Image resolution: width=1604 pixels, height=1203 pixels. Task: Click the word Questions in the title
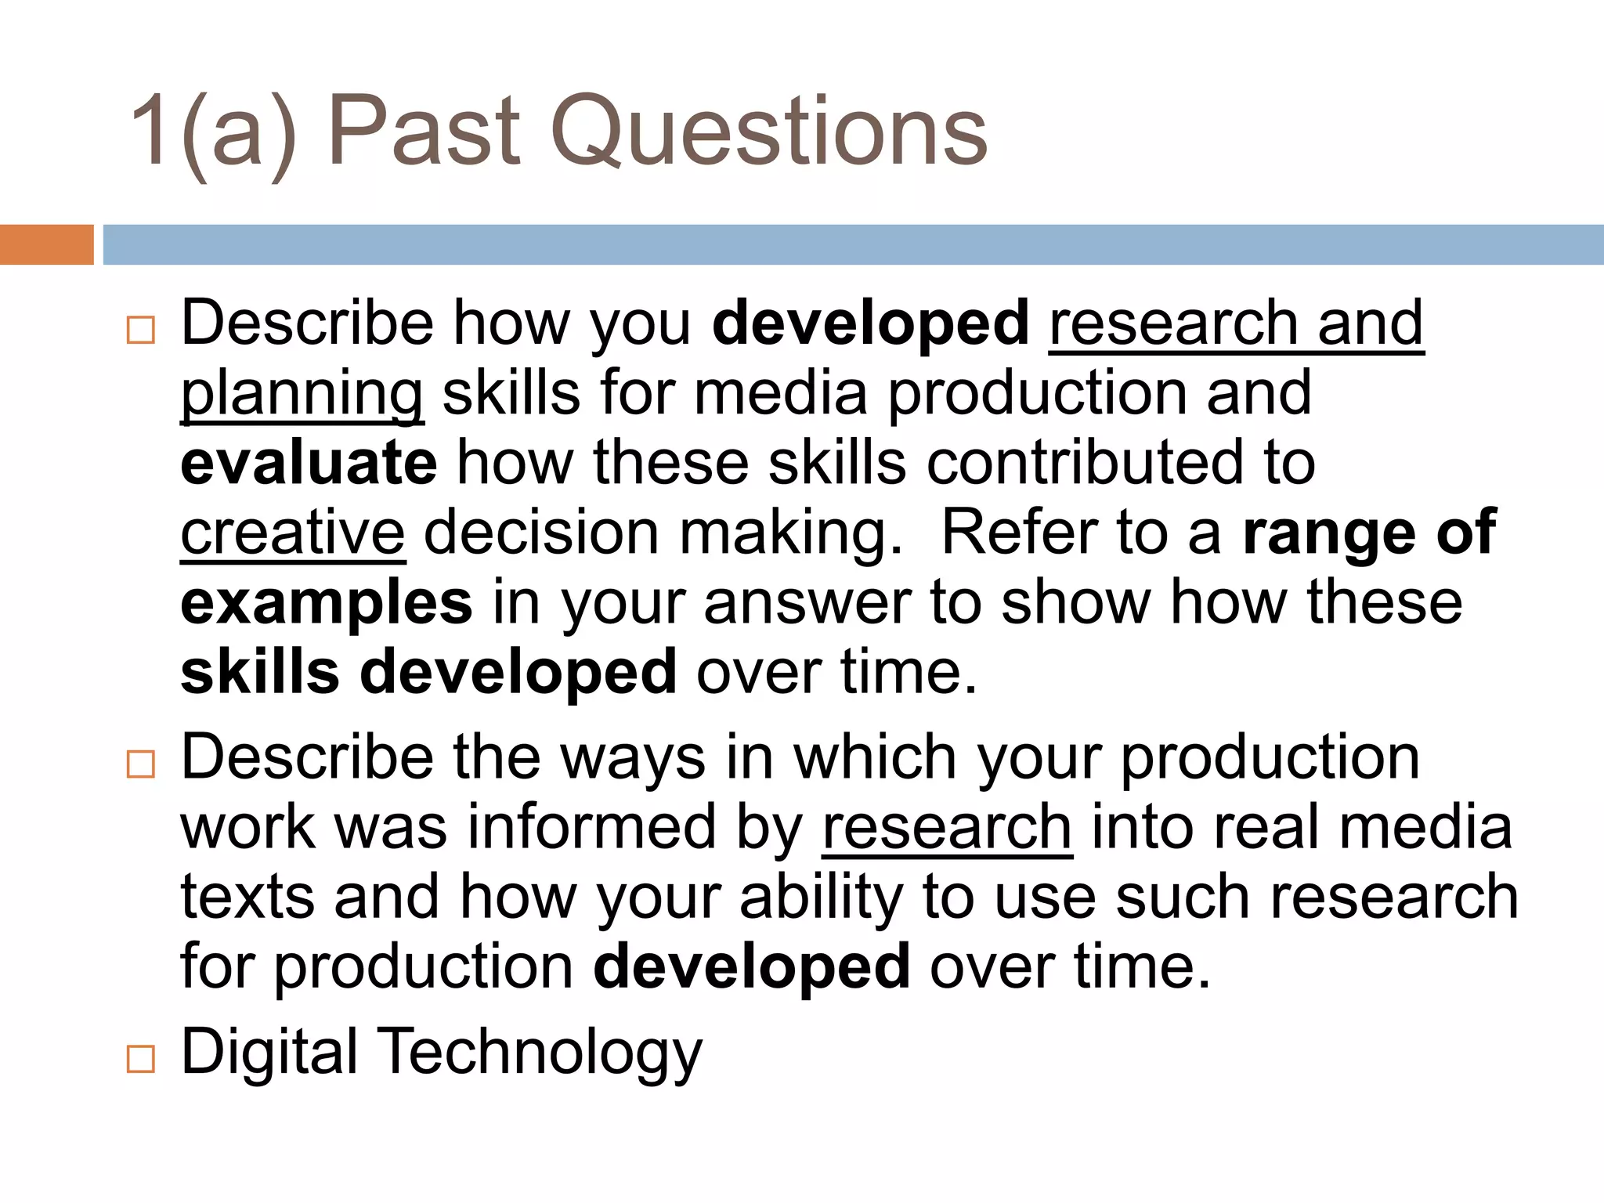[x=769, y=132]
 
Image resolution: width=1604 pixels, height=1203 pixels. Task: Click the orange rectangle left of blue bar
[x=46, y=244]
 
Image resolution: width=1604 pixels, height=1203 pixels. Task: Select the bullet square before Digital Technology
[x=141, y=1059]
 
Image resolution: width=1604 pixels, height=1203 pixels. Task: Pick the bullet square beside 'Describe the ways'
[x=141, y=764]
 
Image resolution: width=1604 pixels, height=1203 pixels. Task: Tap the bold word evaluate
[x=309, y=463]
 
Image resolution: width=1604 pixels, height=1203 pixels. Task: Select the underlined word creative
[x=293, y=533]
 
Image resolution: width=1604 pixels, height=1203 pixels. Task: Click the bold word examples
[x=327, y=603]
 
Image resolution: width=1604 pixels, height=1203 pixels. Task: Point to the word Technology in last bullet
[x=542, y=1052]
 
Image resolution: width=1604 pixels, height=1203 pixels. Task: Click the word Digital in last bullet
[x=269, y=1052]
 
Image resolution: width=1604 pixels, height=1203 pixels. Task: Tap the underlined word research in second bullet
[x=947, y=828]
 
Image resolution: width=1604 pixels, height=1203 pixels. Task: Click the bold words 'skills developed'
[x=428, y=673]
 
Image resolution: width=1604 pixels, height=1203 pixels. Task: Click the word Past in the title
[x=424, y=132]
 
